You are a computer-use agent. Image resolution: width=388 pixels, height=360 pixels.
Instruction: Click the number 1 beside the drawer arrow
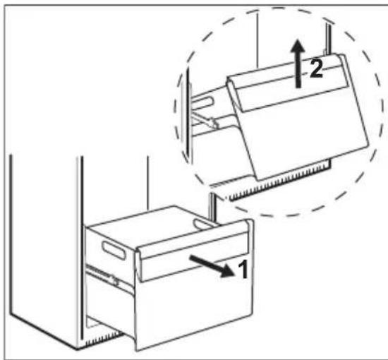[x=243, y=270]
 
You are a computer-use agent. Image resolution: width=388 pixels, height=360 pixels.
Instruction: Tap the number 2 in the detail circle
[x=317, y=68]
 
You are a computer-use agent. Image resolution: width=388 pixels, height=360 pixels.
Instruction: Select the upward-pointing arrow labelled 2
[x=299, y=63]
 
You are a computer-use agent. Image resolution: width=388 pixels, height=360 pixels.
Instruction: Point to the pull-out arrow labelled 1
[x=212, y=266]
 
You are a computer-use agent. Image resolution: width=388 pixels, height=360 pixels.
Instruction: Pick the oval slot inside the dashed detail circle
[x=203, y=102]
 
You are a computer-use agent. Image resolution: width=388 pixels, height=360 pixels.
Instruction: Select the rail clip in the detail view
[x=205, y=120]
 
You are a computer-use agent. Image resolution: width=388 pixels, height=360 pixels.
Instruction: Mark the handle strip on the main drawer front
[x=194, y=253]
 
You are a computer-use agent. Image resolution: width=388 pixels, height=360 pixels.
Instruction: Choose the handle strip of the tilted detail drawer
[x=287, y=83]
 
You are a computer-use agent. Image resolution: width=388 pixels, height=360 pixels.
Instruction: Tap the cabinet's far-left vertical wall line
[x=11, y=234]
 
